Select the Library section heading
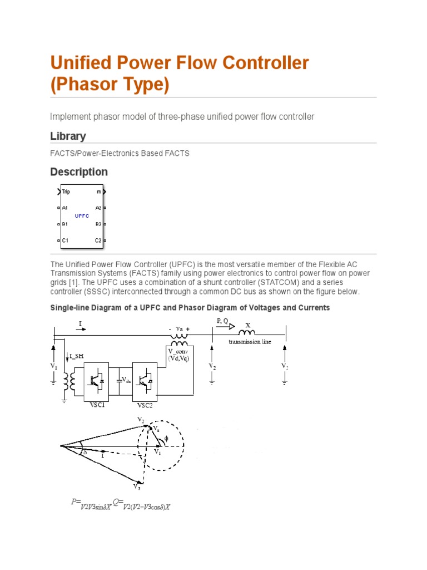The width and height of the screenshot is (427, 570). (68, 136)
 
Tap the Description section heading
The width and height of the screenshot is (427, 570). (79, 172)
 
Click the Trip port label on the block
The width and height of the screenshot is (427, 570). (66, 192)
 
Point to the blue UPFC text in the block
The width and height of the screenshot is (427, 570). (82, 215)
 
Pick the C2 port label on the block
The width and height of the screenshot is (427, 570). (98, 240)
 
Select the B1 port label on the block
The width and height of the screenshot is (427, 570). (65, 224)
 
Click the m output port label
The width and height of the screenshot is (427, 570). (99, 192)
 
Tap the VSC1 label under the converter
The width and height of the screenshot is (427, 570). (97, 405)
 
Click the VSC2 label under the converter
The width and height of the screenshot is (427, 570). (145, 406)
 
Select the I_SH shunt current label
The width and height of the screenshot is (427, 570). (77, 356)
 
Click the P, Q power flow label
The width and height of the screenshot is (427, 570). (222, 321)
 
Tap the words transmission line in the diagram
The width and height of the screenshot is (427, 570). (250, 341)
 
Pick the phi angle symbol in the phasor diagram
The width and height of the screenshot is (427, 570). (165, 439)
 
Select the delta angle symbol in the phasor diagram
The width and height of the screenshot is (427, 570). (85, 453)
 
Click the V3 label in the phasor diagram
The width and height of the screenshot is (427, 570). (137, 487)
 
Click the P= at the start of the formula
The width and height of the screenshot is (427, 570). (76, 502)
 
